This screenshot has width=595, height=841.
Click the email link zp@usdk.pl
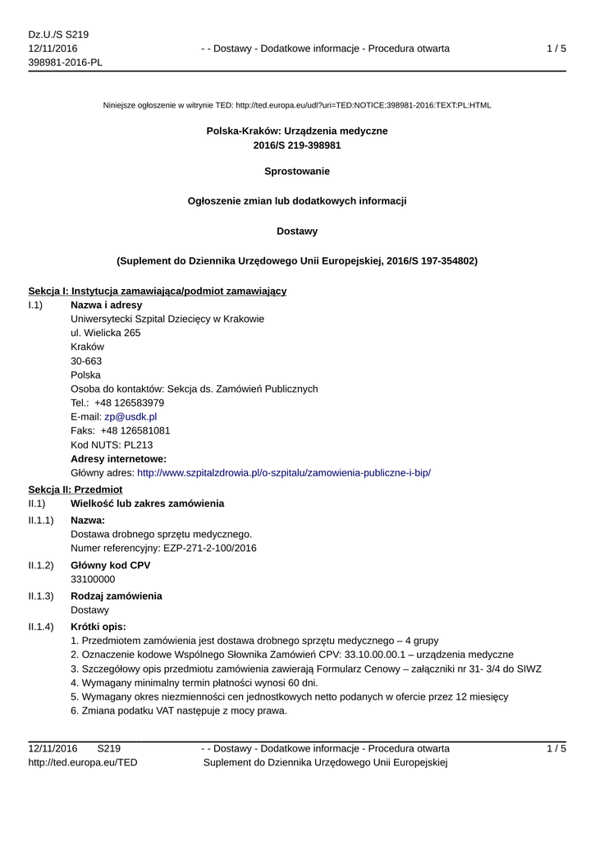click(x=130, y=416)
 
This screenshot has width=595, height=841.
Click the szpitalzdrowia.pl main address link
click(x=284, y=472)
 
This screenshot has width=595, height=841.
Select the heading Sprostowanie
click(x=297, y=172)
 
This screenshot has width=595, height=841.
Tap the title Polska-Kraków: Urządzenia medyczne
click(x=297, y=131)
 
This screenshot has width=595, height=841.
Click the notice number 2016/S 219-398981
click(x=297, y=145)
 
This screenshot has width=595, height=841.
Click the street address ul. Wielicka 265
click(x=106, y=333)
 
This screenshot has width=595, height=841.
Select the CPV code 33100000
click(x=93, y=579)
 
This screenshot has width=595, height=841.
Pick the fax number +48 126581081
click(x=135, y=430)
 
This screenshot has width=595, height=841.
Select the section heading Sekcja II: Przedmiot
click(x=76, y=489)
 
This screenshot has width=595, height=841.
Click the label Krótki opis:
click(x=98, y=627)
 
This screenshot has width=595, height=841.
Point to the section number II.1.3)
click(x=41, y=595)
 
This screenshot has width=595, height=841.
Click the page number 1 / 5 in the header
click(x=556, y=48)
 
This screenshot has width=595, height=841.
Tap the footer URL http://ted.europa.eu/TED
click(x=83, y=762)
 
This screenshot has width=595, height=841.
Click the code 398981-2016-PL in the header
click(x=65, y=62)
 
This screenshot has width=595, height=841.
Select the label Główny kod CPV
click(x=110, y=565)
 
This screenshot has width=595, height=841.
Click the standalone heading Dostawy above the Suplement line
click(x=297, y=231)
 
